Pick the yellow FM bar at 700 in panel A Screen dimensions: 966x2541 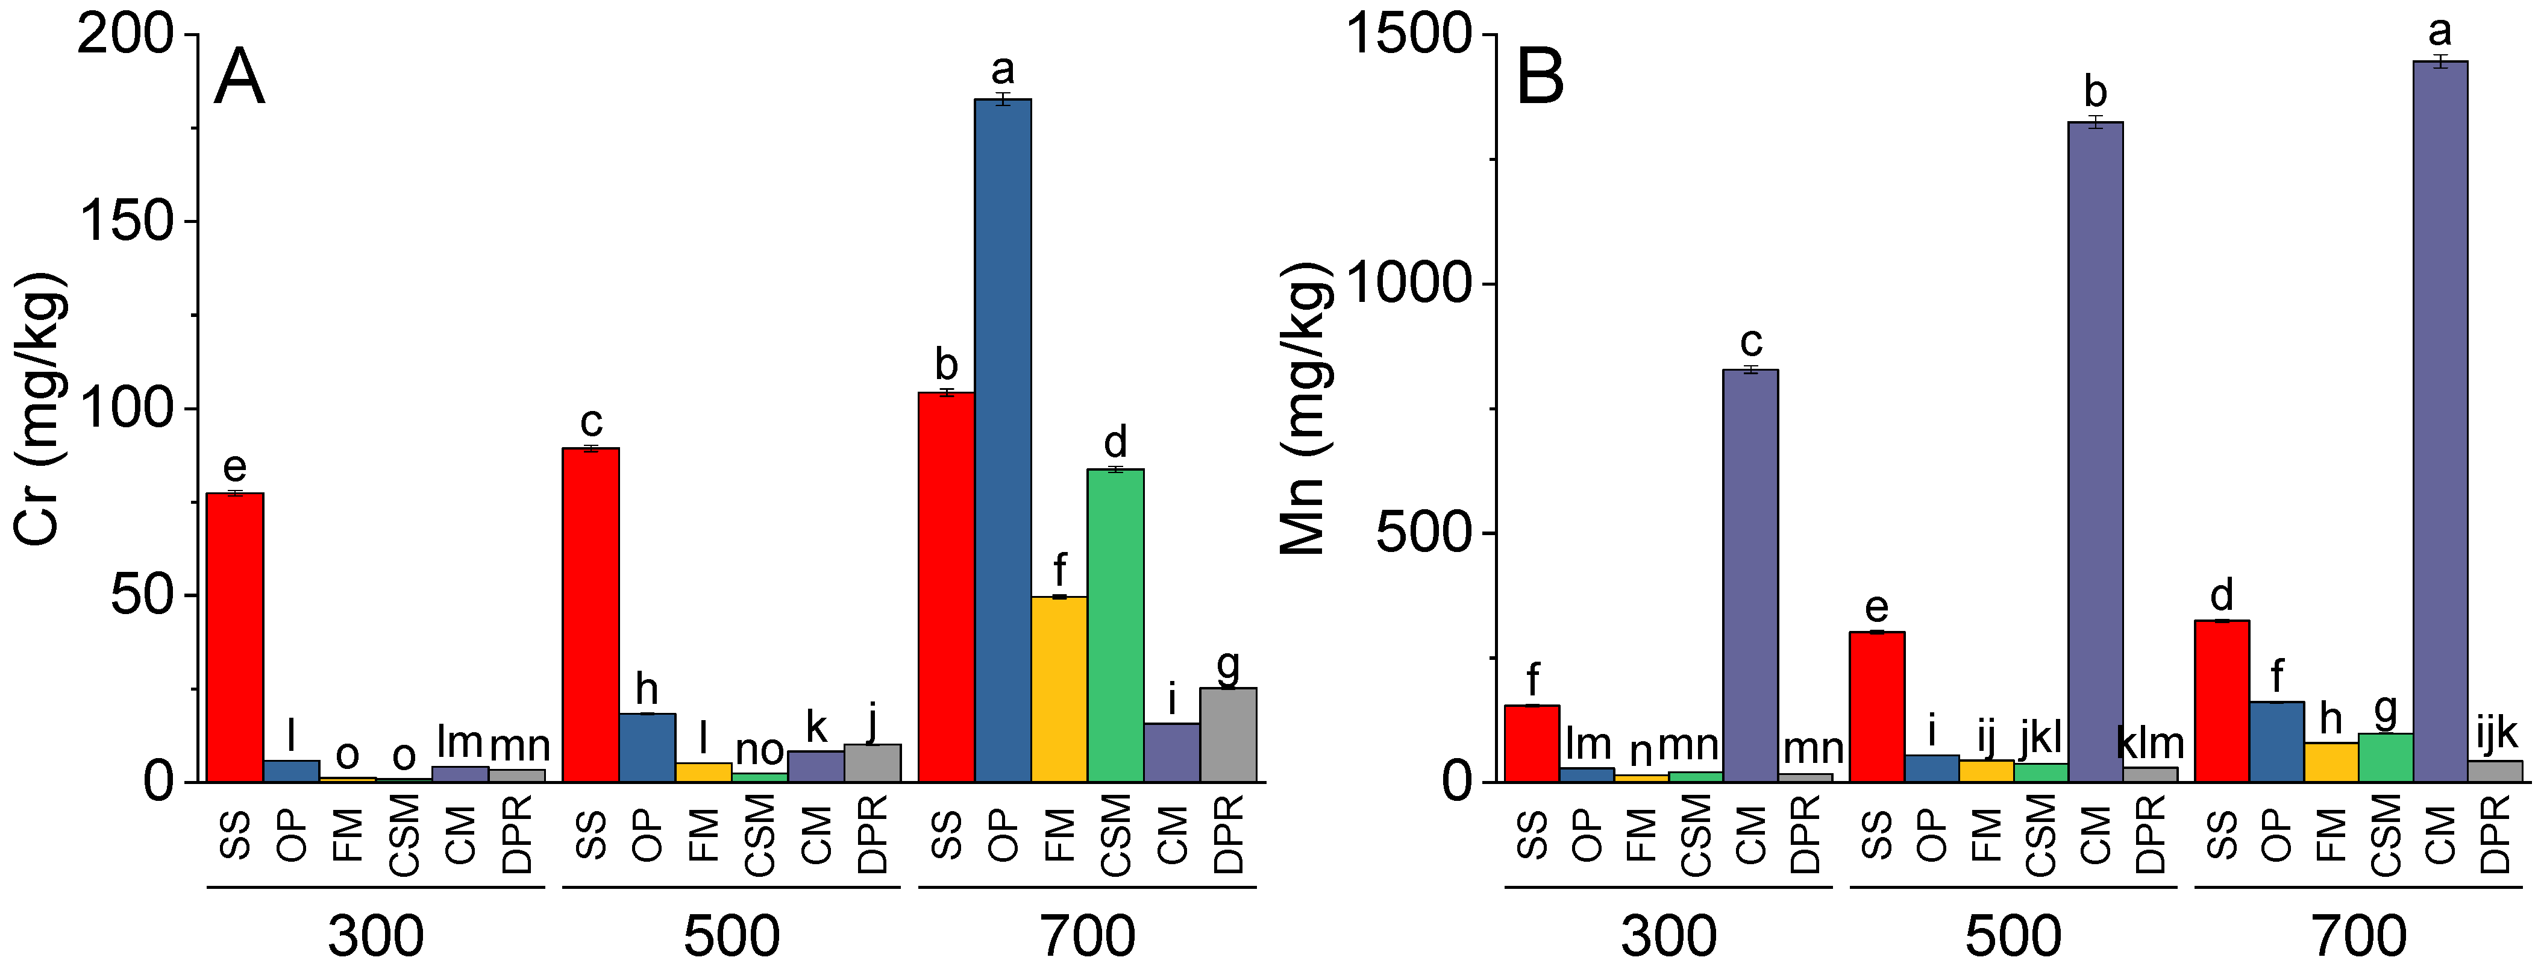pyautogui.click(x=1059, y=689)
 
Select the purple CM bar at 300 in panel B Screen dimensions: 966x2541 pyautogui.click(x=1750, y=576)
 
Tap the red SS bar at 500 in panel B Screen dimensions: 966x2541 pyautogui.click(x=1876, y=706)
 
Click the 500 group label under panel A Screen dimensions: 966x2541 pyautogui.click(x=731, y=935)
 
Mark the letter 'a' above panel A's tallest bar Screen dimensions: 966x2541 pyautogui.click(x=1002, y=70)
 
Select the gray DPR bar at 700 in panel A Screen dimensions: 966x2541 pyautogui.click(x=1228, y=735)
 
